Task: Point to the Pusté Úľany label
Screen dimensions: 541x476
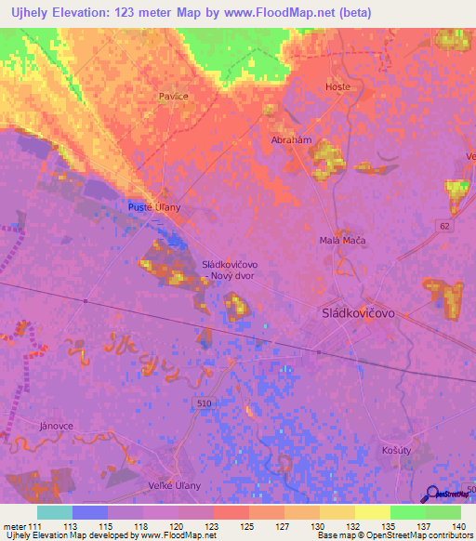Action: (153, 208)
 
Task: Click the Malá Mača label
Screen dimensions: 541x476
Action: (342, 241)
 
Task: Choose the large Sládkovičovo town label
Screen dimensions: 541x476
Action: (358, 313)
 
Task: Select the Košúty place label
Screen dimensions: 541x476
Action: (396, 449)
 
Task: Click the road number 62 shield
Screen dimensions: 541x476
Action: (447, 226)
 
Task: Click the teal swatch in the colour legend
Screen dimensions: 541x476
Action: (55, 511)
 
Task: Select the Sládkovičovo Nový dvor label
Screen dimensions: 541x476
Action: (230, 270)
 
